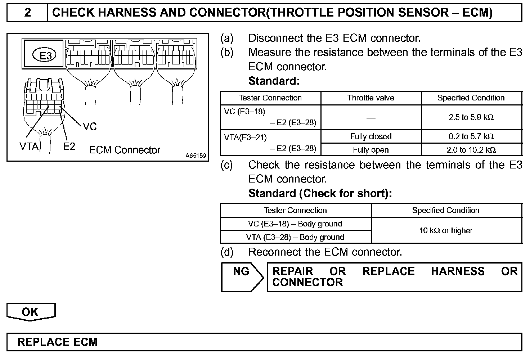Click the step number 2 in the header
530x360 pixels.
(27, 13)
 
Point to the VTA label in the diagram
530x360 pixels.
(28, 147)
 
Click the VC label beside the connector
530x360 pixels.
(90, 126)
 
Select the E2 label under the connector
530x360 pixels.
(69, 147)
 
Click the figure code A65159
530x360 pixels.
(196, 156)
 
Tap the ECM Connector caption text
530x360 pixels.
(125, 150)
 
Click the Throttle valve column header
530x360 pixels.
(370, 98)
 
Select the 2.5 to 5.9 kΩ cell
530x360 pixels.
(471, 117)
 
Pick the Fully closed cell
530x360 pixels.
(370, 136)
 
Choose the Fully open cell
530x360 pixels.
(370, 150)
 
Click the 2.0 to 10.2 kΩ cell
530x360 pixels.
(471, 150)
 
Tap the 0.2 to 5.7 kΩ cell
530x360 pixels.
(471, 136)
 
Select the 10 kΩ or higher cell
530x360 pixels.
(446, 230)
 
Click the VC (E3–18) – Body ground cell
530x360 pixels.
(295, 224)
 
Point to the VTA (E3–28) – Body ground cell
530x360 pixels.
(295, 237)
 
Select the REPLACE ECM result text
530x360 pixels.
(58, 342)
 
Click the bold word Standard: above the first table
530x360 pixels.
(274, 81)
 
